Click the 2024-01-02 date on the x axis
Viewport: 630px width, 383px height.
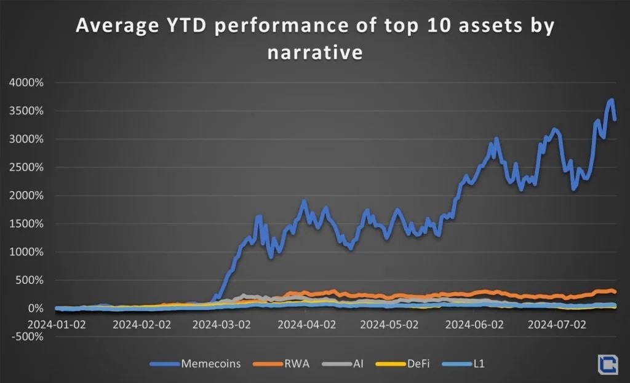(x=57, y=323)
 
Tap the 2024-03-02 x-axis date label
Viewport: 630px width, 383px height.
(x=224, y=323)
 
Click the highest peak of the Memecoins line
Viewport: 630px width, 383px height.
(x=611, y=100)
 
